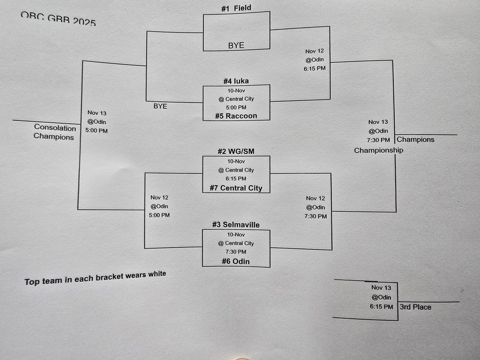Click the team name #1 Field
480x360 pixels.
(236, 8)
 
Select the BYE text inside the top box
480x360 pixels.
(236, 45)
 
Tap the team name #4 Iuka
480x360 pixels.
(236, 81)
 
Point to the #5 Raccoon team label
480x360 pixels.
(236, 116)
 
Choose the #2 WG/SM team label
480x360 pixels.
(236, 151)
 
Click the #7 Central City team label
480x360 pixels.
(236, 188)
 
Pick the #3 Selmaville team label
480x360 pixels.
(236, 225)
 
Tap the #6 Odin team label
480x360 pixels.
(236, 261)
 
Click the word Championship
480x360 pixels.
(378, 150)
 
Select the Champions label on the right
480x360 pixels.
(415, 139)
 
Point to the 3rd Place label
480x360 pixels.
(415, 307)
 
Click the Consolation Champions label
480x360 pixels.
(54, 132)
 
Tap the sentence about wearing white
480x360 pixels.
(95, 278)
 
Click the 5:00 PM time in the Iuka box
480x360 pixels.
(236, 107)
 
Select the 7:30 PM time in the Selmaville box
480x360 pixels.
(236, 252)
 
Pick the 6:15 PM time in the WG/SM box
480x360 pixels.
(236, 179)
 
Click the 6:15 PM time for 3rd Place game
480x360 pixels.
(381, 307)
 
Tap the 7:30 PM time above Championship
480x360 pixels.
(378, 140)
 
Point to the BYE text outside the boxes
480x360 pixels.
(160, 106)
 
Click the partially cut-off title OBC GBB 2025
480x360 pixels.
(58, 18)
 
